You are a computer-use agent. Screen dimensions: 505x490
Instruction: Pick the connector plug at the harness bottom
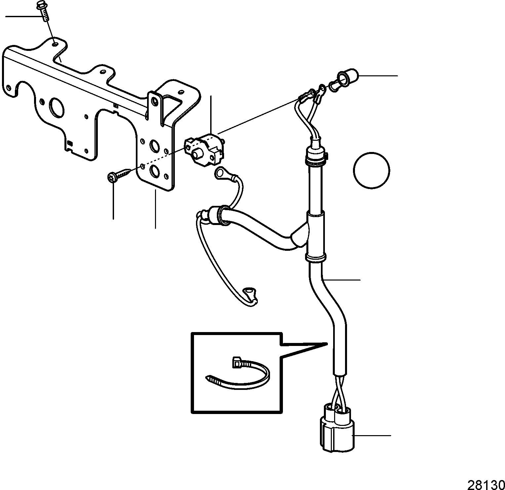click(x=337, y=429)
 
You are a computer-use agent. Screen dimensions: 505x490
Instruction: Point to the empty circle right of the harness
click(x=371, y=171)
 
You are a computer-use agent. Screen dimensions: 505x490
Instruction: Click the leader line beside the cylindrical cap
click(x=378, y=76)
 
